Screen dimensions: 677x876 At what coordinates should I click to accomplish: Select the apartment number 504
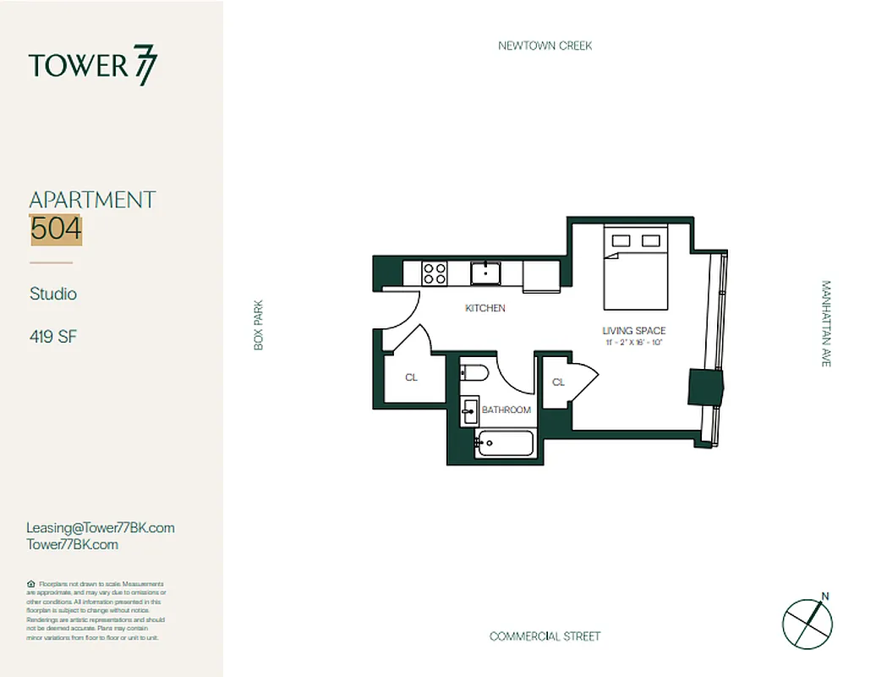[56, 228]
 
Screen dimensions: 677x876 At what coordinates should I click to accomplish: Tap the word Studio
[52, 294]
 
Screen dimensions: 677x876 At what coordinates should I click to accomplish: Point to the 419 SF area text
[53, 336]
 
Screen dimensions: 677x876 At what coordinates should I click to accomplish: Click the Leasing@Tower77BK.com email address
[101, 527]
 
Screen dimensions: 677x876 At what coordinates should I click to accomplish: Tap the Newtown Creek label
[545, 46]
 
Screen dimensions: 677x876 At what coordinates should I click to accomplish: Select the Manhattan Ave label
[826, 323]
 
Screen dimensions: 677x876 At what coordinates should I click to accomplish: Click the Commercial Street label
[545, 636]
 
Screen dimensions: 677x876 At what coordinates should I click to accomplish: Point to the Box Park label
[259, 325]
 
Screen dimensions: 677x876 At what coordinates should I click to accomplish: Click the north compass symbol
[808, 623]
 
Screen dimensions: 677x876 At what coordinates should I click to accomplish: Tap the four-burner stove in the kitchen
[435, 273]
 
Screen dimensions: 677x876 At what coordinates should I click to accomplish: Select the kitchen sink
[485, 272]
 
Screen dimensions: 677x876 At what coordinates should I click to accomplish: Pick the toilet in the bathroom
[473, 372]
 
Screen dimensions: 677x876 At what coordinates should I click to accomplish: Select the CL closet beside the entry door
[411, 377]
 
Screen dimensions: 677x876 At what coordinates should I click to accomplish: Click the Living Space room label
[633, 331]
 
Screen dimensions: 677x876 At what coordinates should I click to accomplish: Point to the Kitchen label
[485, 308]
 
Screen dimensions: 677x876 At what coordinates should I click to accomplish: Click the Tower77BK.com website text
[73, 544]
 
